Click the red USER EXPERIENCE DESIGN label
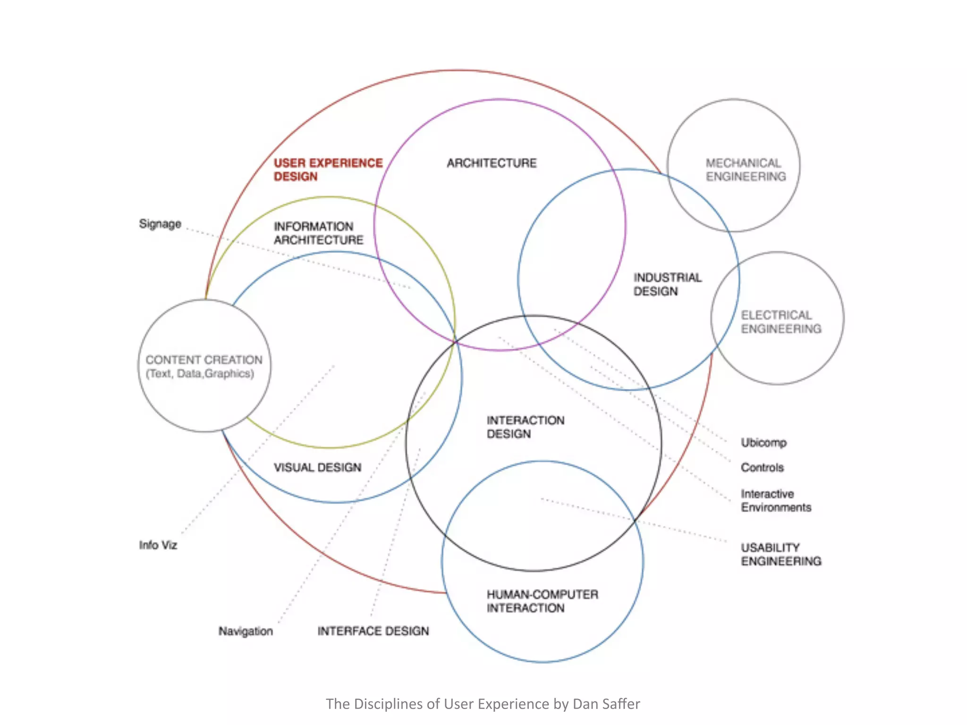(x=328, y=169)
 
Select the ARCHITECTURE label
(x=492, y=163)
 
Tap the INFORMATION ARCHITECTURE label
(x=318, y=233)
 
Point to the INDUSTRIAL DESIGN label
(x=667, y=284)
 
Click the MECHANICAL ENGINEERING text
(x=746, y=170)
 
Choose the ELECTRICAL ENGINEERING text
(x=780, y=322)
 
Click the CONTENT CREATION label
(x=204, y=360)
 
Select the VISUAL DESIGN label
(x=317, y=467)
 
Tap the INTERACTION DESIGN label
(x=525, y=427)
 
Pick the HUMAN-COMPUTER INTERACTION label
(x=542, y=601)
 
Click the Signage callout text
(x=160, y=224)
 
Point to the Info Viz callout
(x=158, y=545)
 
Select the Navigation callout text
(x=246, y=631)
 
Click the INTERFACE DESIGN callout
(x=373, y=631)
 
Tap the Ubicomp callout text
(x=763, y=443)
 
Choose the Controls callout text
(x=762, y=467)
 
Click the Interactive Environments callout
(x=775, y=501)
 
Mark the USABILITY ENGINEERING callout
(x=780, y=555)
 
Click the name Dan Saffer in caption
(x=606, y=704)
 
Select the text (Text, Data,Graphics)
(x=200, y=374)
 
